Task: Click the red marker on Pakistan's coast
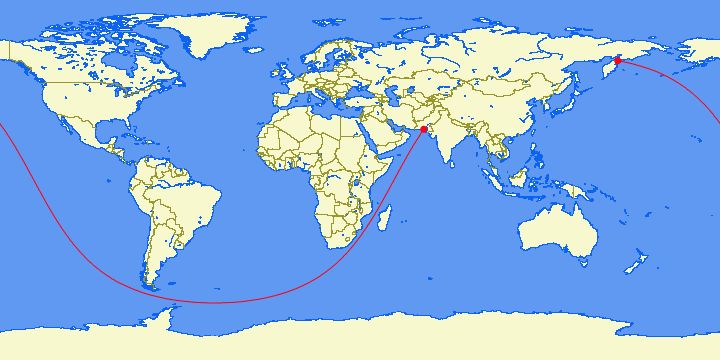click(x=424, y=130)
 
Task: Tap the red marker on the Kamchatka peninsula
click(x=618, y=61)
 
